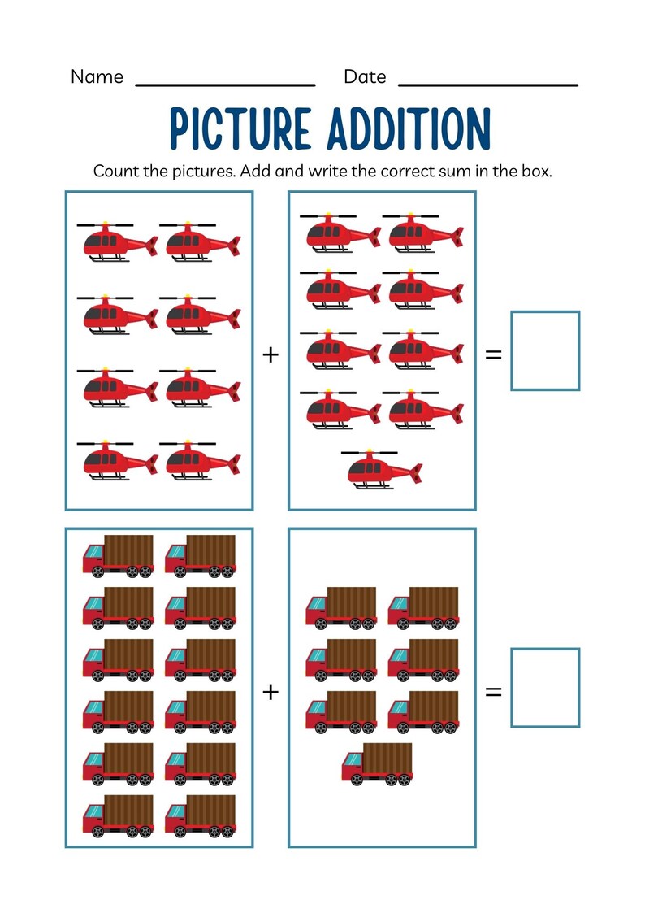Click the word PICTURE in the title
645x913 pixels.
(240, 129)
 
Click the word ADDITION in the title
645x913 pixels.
(409, 129)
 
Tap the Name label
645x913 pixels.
(97, 77)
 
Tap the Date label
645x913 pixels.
(365, 77)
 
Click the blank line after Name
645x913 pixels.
(225, 83)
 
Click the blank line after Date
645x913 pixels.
(488, 83)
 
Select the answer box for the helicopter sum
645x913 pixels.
(545, 350)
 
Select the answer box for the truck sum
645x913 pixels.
(545, 688)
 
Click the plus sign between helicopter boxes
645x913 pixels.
(271, 354)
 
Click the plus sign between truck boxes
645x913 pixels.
(271, 691)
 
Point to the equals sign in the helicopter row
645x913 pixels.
(493, 354)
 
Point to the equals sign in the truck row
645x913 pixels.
(493, 692)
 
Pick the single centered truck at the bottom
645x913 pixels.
(377, 764)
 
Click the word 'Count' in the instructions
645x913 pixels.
(115, 172)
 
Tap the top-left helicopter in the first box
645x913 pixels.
(118, 241)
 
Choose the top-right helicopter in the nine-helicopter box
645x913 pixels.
(423, 233)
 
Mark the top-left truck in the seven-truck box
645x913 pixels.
(341, 607)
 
